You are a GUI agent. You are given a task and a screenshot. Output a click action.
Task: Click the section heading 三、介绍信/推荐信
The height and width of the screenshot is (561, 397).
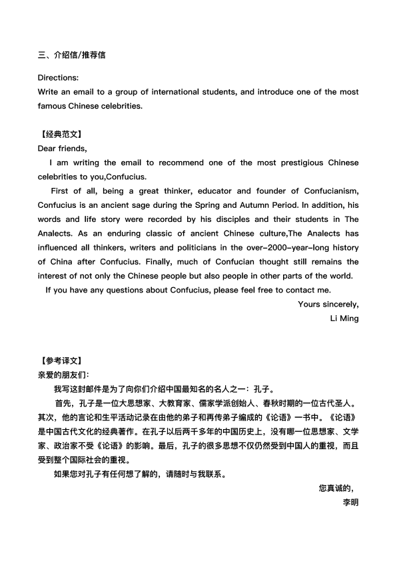[71, 55]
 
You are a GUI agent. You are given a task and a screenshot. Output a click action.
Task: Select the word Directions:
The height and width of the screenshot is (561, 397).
[58, 77]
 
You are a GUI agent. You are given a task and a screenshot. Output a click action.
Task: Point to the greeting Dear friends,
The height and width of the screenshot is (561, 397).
[63, 149]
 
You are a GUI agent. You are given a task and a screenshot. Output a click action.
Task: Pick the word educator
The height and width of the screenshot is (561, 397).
[217, 191]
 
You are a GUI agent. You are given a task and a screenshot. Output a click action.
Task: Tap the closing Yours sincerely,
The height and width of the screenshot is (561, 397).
[328, 304]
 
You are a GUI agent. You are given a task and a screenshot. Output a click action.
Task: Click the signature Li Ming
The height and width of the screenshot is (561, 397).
[344, 318]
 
